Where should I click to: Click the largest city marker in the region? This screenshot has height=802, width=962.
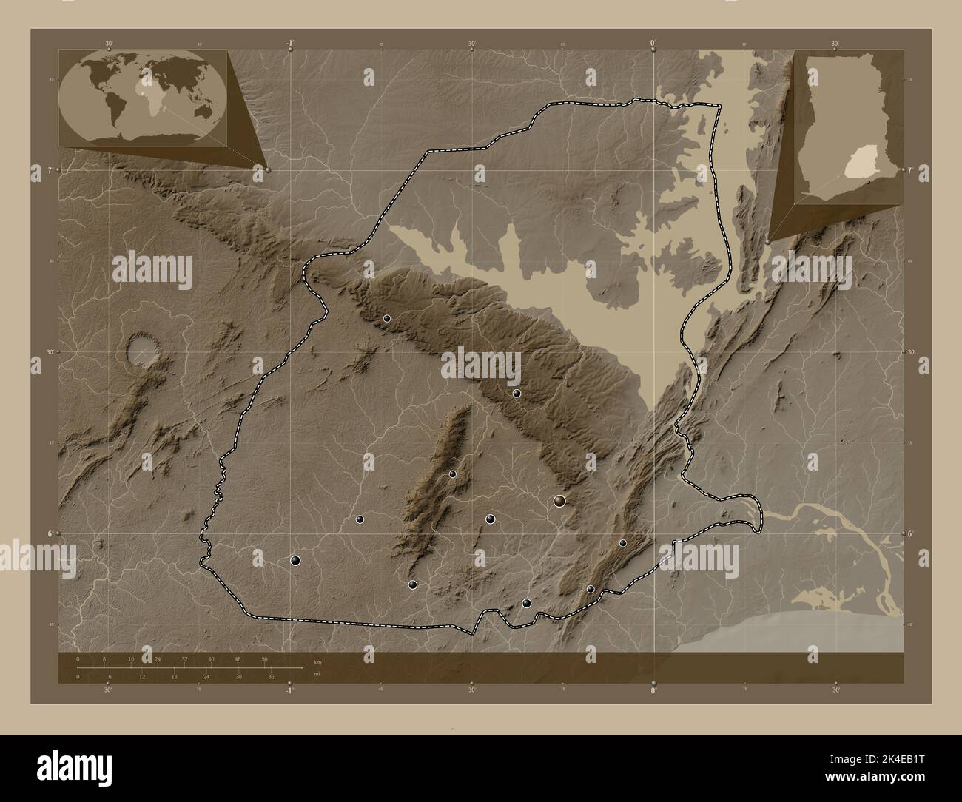[x=560, y=502]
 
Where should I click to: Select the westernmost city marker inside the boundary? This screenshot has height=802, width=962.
[x=295, y=561]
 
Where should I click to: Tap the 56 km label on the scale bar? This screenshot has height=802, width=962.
[x=264, y=658]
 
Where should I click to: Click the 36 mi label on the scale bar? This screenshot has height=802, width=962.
[x=272, y=677]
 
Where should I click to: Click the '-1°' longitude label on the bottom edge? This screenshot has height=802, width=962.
[x=290, y=691]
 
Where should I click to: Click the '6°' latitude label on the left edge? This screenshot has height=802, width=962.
[x=50, y=533]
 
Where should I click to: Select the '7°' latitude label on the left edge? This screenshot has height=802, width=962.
[x=50, y=171]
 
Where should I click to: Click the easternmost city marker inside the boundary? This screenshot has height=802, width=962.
[x=623, y=543]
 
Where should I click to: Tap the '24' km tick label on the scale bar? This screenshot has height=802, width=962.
[x=158, y=658]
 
